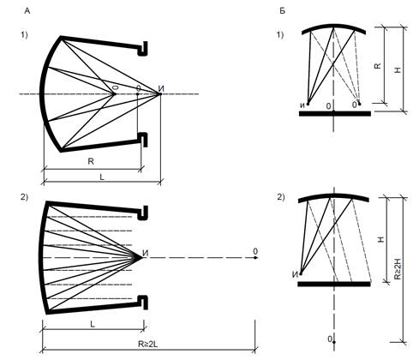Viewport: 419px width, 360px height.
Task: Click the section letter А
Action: pos(27,11)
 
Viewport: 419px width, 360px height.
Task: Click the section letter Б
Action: pos(282,11)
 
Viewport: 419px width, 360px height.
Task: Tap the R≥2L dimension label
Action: pos(147,344)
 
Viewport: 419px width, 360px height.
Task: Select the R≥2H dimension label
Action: pos(398,269)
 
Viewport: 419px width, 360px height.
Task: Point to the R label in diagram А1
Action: pos(91,161)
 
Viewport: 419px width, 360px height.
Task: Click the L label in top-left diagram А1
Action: pos(102,177)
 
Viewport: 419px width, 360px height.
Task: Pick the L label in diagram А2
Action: pos(93,324)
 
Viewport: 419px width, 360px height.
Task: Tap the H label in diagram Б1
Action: pos(398,69)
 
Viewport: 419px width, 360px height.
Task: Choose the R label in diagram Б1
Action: pos(378,66)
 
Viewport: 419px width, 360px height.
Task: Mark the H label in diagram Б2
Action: pos(381,239)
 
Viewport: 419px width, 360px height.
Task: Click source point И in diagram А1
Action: pos(160,93)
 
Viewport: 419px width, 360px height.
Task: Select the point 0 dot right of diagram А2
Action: pos(255,258)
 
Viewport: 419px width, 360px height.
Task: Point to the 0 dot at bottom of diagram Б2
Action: pos(334,342)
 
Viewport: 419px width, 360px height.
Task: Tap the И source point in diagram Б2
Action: pos(301,273)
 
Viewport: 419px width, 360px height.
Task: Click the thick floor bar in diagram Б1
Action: pos(335,114)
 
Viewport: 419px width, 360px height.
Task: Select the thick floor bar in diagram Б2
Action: pos(334,284)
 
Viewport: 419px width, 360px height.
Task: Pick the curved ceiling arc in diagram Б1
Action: pos(334,26)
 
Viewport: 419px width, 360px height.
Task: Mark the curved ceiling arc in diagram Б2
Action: pos(333,195)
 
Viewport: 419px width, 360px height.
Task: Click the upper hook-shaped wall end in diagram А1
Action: pos(143,49)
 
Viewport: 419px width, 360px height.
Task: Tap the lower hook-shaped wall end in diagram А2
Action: pos(143,303)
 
